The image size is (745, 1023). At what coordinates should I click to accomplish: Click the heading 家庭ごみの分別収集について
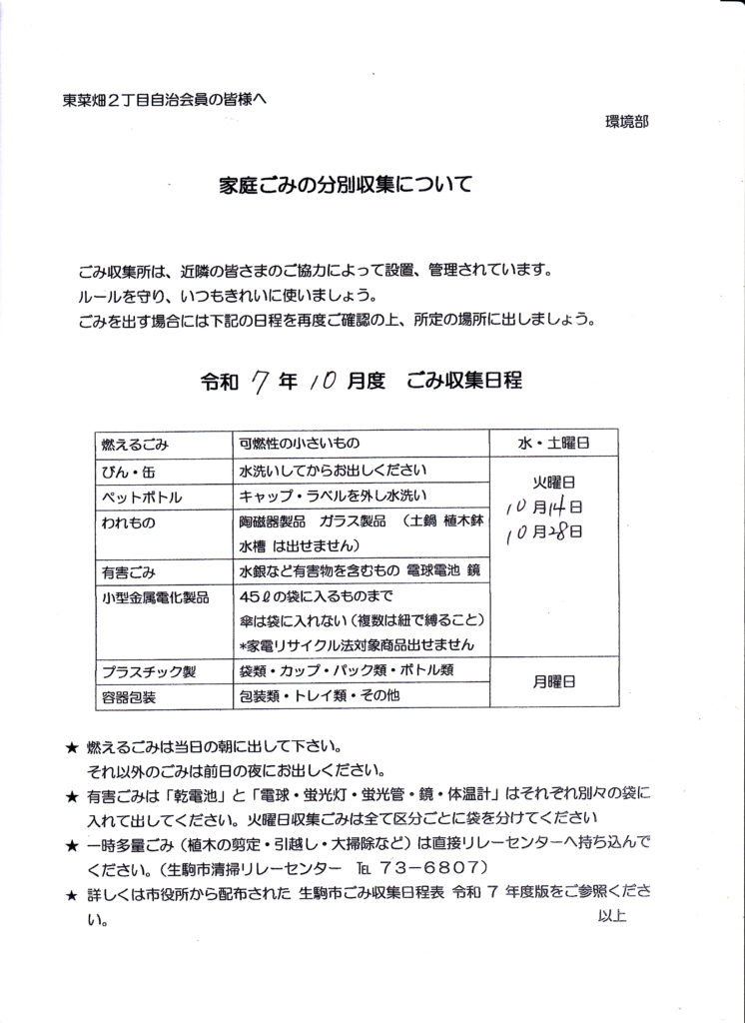[x=345, y=185]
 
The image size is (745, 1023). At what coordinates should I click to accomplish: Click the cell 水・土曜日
[x=552, y=442]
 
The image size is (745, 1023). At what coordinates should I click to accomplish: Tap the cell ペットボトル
[x=138, y=497]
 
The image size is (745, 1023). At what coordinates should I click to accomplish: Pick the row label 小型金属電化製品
[x=155, y=597]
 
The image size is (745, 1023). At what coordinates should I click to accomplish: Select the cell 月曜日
[x=552, y=681]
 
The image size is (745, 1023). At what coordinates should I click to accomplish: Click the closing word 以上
[x=612, y=914]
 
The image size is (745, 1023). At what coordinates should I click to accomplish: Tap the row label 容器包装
[x=128, y=696]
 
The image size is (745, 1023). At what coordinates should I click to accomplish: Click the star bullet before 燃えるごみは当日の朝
[x=70, y=747]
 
